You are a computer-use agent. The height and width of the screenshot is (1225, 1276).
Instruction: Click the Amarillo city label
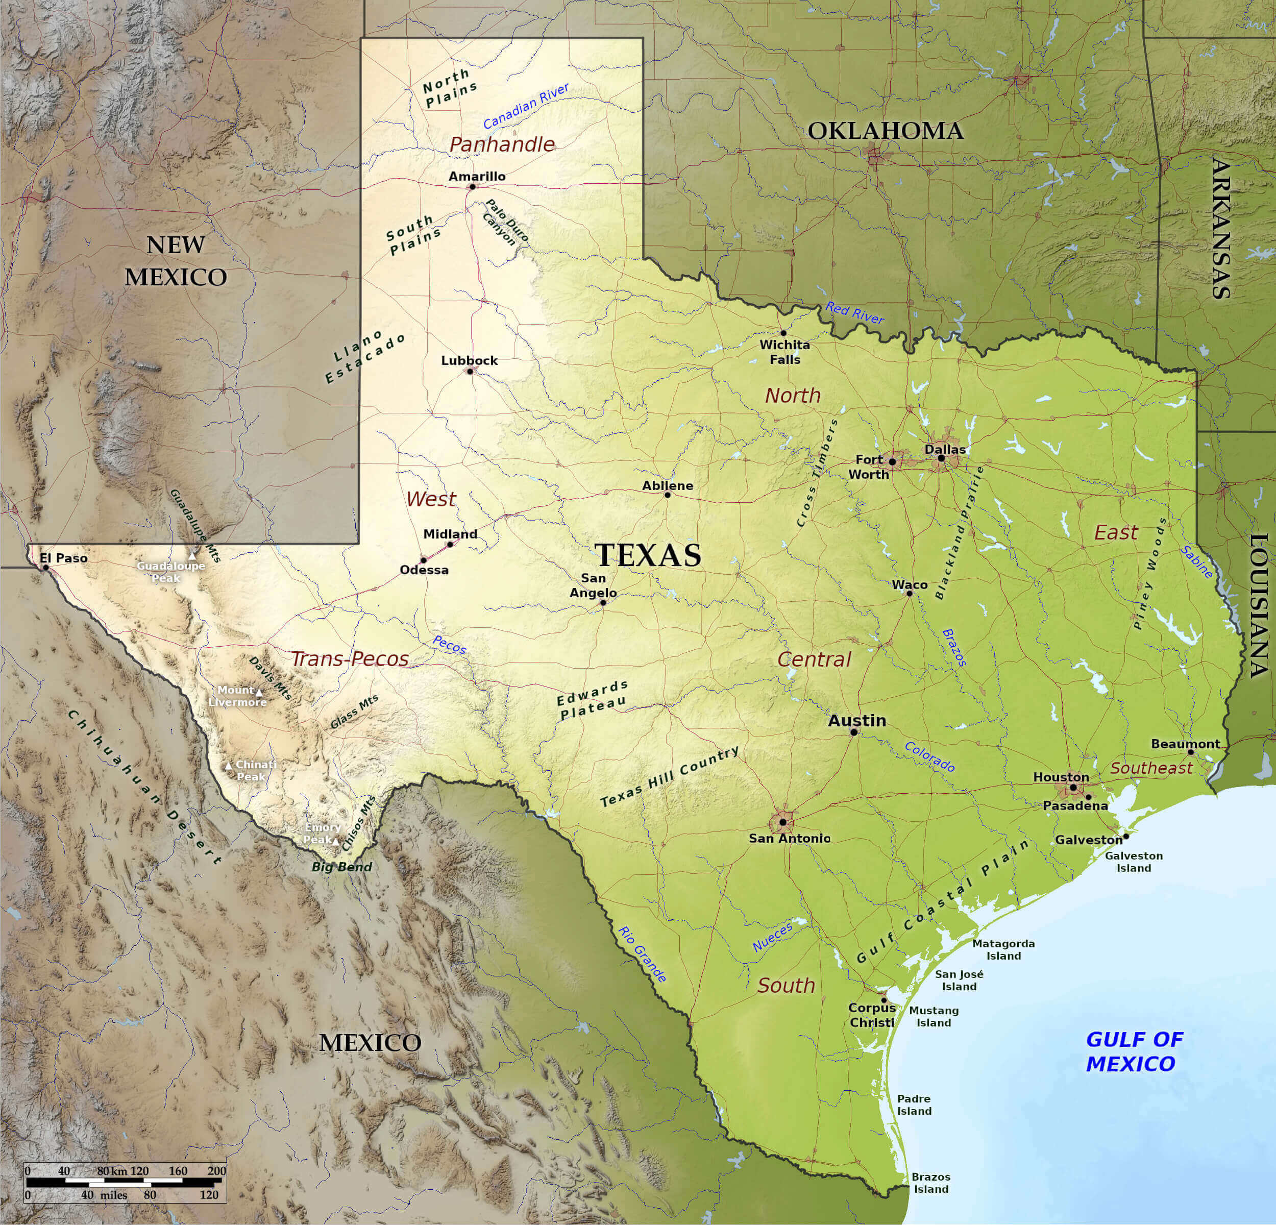477,177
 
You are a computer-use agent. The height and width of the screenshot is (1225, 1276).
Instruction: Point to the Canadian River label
526,106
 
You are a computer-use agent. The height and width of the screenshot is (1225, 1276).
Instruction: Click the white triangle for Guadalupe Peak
192,556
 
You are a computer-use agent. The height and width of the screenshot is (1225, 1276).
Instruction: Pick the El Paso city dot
45,568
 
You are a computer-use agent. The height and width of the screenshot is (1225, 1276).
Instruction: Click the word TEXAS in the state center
648,555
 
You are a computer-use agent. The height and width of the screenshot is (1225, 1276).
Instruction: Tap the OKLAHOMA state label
886,131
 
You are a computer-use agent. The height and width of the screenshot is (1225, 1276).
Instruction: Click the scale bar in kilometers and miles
126,1182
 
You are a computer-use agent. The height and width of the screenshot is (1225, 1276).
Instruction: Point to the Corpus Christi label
872,1015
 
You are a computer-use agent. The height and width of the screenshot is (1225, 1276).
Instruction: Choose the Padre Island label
914,1105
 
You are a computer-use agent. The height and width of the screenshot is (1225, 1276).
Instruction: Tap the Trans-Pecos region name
350,659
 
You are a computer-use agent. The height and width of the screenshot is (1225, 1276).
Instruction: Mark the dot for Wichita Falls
783,333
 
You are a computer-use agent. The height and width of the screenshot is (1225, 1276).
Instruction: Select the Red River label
855,313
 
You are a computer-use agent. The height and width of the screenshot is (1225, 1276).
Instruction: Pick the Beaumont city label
1186,744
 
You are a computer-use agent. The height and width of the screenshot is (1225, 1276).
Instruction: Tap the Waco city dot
910,594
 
